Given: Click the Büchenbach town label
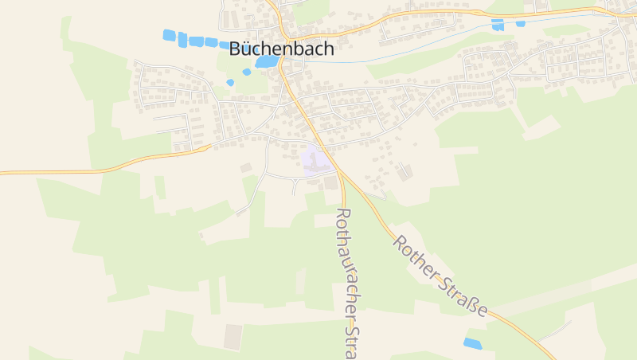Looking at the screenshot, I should coord(281,49).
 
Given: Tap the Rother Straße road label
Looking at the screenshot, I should coord(439,276).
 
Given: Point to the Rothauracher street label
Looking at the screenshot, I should coord(346,283).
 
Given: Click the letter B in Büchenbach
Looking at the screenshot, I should coord(236,49).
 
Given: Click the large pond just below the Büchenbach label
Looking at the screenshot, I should coord(267,61).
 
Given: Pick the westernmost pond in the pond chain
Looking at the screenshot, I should coord(169,35).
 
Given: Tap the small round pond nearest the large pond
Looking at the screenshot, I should coord(247,72).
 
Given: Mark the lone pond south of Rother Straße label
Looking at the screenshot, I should coord(473,343).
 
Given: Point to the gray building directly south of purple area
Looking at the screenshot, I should coord(330,183).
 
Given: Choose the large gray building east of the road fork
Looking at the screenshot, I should coord(407,170).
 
